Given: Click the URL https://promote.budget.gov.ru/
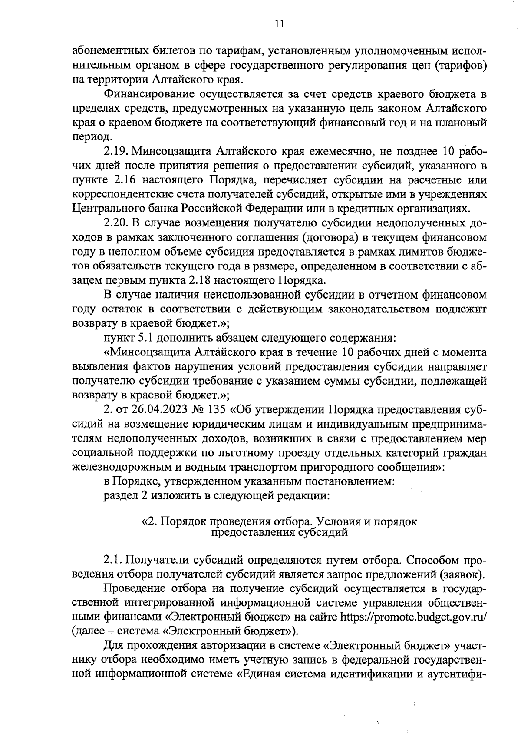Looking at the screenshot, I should pos(413,617).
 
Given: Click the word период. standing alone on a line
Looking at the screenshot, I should pos(87,137).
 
